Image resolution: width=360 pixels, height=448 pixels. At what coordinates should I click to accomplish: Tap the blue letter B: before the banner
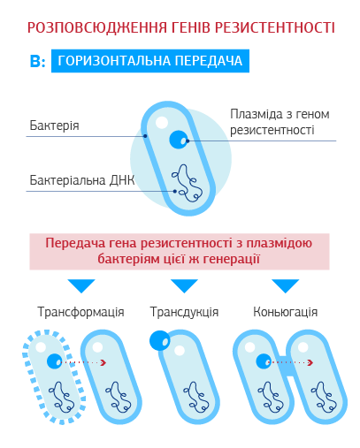coord(37,61)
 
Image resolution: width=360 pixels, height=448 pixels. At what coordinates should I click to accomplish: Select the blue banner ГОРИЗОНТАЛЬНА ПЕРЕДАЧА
coord(150,61)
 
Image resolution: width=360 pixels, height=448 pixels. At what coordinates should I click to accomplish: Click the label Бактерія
coord(54,125)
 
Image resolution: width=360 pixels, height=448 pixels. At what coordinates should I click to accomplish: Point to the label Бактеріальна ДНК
coord(82,180)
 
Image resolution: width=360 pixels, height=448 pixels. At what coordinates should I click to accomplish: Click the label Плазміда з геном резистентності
coord(280,122)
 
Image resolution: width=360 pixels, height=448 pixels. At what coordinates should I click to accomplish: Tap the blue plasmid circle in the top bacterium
coord(179,140)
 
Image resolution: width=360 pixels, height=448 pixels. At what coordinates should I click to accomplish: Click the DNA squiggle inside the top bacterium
coord(187,183)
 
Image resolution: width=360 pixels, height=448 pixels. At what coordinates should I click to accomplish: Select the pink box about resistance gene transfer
coord(180,252)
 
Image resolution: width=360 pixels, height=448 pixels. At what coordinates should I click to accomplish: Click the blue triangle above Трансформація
coord(81,285)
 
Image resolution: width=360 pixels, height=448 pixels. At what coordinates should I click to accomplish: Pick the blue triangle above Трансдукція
coord(184,285)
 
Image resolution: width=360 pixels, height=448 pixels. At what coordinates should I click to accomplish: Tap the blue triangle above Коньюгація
coord(285,285)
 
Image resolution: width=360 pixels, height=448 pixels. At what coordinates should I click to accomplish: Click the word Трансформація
coord(80,312)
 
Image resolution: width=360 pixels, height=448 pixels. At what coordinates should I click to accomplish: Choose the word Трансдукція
coord(184,312)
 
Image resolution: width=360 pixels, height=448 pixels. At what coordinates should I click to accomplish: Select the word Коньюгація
coord(286,312)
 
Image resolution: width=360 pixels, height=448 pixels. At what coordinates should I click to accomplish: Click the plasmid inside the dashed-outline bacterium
coord(55,361)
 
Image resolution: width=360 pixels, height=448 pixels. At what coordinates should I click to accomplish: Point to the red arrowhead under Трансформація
coord(103,362)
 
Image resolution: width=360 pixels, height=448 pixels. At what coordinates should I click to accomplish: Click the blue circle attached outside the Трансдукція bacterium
coord(160,340)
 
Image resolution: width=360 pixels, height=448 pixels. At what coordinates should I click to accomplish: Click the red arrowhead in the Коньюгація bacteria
coord(310,362)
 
